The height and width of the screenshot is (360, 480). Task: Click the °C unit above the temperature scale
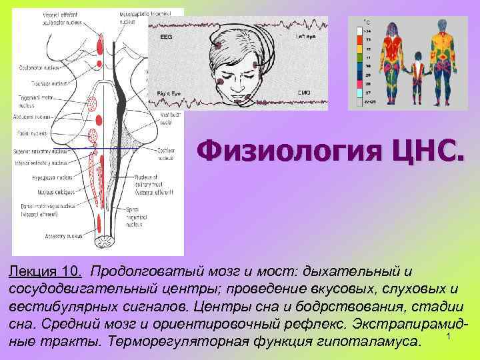[x=367, y=22]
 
